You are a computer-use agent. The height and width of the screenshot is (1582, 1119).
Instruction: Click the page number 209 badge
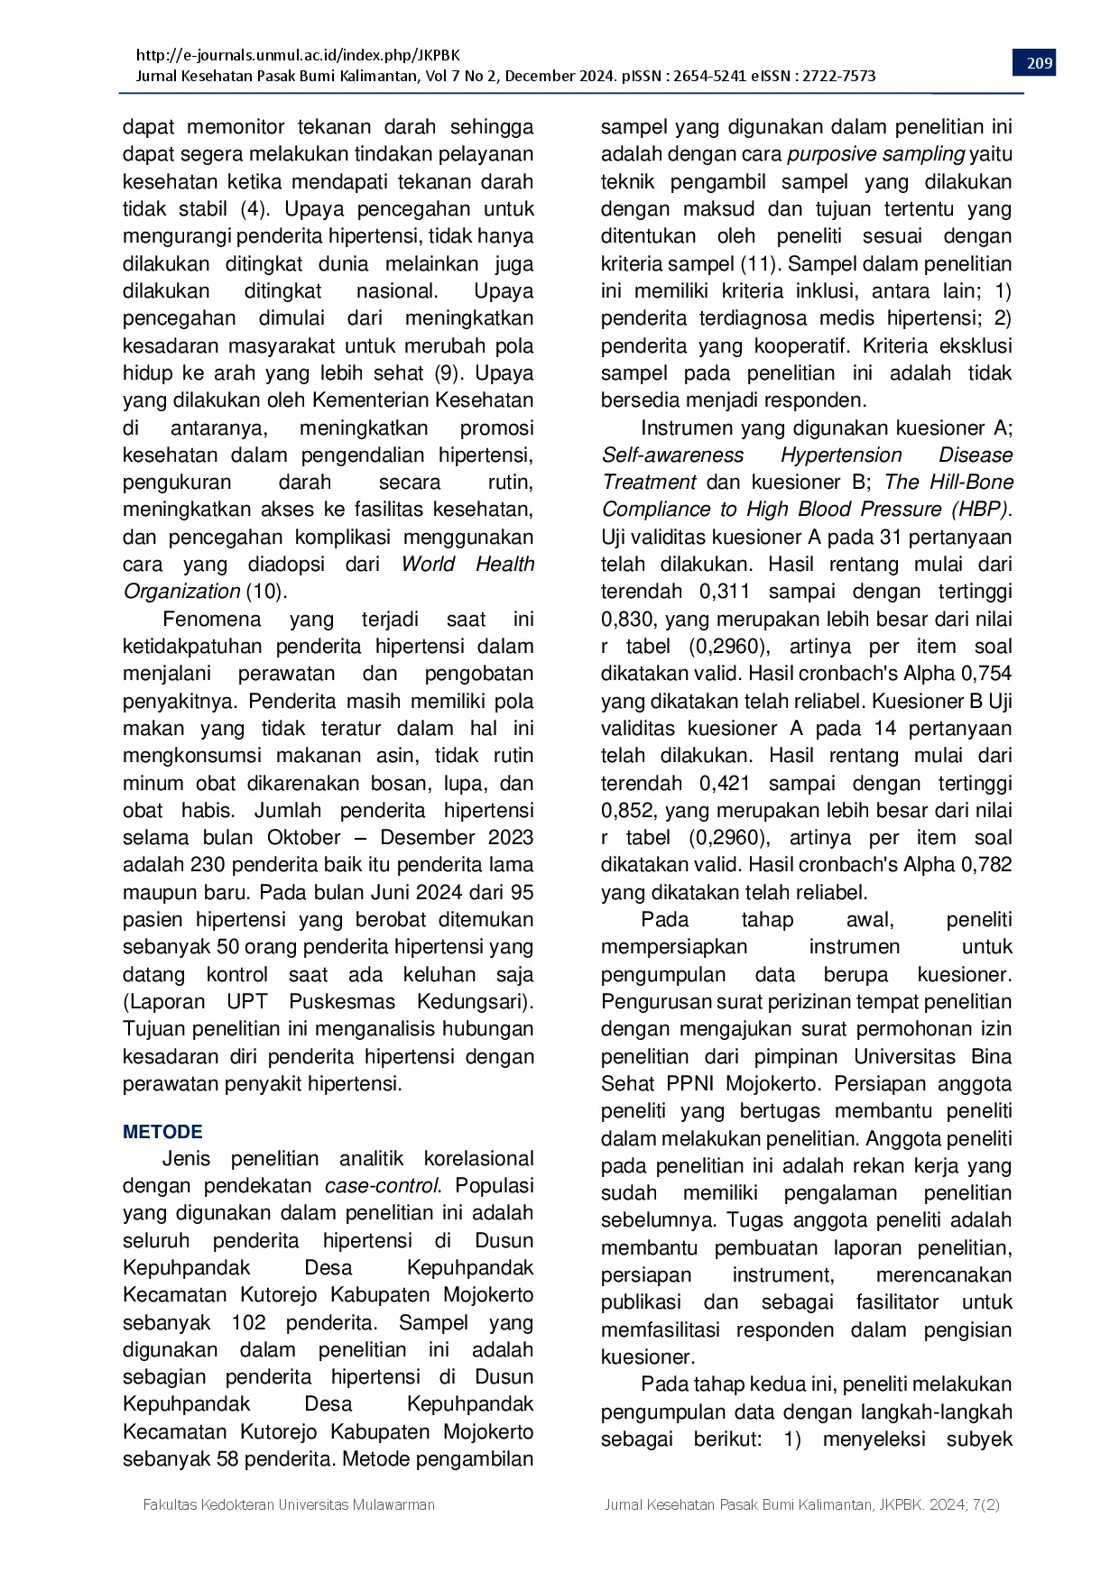(x=1040, y=63)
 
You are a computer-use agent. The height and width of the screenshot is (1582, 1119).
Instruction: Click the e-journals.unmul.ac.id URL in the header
(x=297, y=55)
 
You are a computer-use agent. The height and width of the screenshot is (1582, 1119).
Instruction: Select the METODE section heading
(x=162, y=1132)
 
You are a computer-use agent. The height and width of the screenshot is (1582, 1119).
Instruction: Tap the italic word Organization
(x=181, y=592)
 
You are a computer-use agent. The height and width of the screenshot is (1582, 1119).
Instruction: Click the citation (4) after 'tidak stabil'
(x=254, y=209)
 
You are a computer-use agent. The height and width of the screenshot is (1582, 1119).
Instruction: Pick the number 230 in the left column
(x=208, y=865)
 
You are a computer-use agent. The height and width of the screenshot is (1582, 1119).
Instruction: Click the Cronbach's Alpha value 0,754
(x=987, y=674)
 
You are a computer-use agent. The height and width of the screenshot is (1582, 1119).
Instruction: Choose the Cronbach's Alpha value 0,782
(x=987, y=865)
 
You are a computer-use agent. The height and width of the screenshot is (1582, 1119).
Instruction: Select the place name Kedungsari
(x=472, y=1002)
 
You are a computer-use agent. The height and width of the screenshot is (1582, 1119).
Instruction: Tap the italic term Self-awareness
(x=672, y=455)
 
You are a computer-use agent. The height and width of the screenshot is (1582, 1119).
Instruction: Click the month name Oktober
(x=304, y=838)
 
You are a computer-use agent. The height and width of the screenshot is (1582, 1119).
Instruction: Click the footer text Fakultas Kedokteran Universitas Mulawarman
(x=289, y=1504)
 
